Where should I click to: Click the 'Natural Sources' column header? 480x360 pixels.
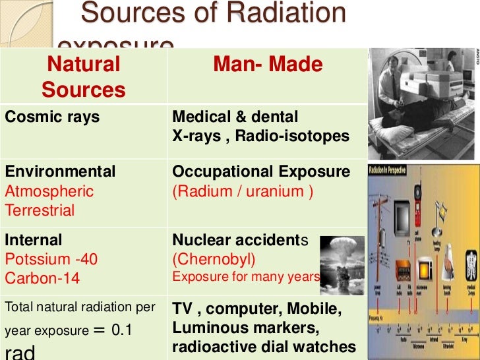pyautogui.click(x=84, y=76)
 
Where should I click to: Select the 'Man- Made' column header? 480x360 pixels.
pyautogui.click(x=268, y=65)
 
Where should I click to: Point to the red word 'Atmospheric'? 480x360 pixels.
pyautogui.click(x=49, y=192)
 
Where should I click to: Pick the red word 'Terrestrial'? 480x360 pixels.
pyautogui.click(x=40, y=211)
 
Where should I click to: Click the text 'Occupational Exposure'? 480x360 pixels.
pyautogui.click(x=260, y=172)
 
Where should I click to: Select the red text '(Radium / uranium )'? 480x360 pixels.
pyautogui.click(x=243, y=192)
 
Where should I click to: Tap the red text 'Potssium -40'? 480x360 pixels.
pyautogui.click(x=51, y=259)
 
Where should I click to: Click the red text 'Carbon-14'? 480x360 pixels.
pyautogui.click(x=42, y=278)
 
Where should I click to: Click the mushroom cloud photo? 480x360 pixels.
pyautogui.click(x=342, y=261)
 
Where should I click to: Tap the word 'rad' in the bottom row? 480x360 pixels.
pyautogui.click(x=20, y=351)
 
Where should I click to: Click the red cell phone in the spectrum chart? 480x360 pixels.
pyautogui.click(x=417, y=193)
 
